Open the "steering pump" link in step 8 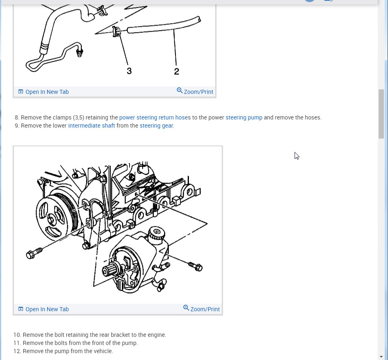point(244,117)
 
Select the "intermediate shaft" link point(91,126)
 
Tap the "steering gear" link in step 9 point(156,126)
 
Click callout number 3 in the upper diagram point(129,71)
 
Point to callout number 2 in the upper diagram point(176,72)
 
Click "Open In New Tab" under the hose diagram point(43,92)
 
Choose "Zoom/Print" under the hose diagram point(195,91)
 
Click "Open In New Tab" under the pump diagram point(43,309)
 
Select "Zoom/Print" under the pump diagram point(202,309)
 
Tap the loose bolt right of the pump point(195,267)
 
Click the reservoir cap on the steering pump point(157,232)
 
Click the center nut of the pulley point(52,219)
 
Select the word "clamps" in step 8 point(62,117)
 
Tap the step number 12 point(17,351)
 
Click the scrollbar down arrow point(381,356)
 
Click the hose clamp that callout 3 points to point(116,31)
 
